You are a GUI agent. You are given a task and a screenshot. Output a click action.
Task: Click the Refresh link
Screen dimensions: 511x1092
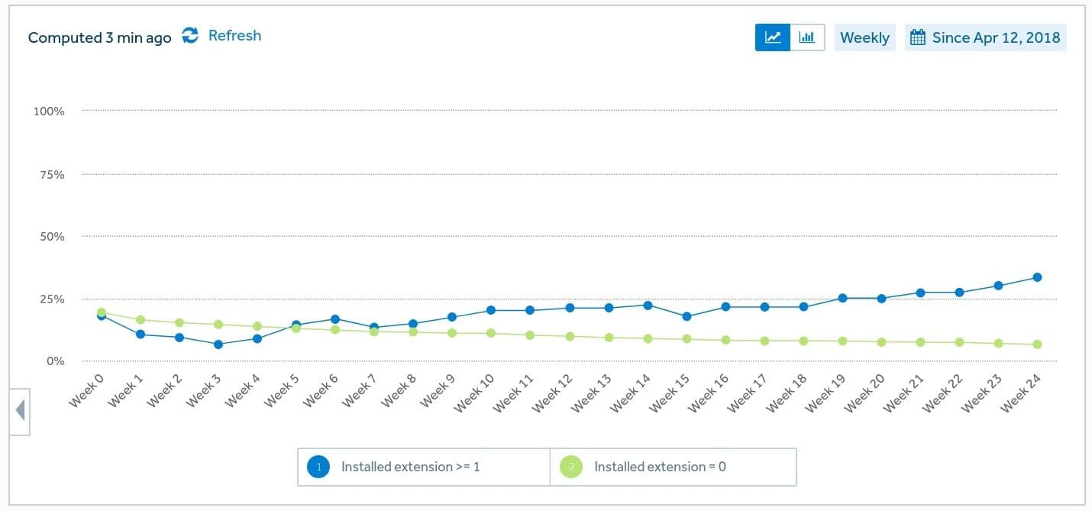[234, 36]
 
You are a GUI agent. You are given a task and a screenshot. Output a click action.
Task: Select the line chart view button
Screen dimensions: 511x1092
[773, 37]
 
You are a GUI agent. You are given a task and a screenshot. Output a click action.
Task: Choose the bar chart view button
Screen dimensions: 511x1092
[807, 37]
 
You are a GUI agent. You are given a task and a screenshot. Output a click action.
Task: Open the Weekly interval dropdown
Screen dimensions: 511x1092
[864, 37]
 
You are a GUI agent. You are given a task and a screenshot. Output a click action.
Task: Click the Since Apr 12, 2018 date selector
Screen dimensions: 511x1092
[986, 37]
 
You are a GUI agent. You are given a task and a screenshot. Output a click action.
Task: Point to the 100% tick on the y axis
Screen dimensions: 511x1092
[49, 112]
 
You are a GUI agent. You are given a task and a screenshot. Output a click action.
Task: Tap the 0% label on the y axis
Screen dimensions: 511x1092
[55, 361]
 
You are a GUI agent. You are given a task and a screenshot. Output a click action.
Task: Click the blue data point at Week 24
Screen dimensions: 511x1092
[1037, 277]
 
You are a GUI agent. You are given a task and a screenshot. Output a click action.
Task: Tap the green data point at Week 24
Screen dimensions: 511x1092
[1037, 344]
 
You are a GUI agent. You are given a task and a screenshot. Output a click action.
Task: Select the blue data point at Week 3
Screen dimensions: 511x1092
[218, 344]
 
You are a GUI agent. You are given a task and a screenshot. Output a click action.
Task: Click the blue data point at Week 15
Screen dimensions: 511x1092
[687, 316]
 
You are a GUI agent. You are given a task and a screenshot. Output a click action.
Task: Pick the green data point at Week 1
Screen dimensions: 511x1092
[141, 320]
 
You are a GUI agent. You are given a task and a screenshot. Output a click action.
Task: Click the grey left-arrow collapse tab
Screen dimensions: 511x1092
[20, 411]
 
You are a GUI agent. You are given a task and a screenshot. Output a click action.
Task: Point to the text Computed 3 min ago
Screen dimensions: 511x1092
[99, 37]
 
